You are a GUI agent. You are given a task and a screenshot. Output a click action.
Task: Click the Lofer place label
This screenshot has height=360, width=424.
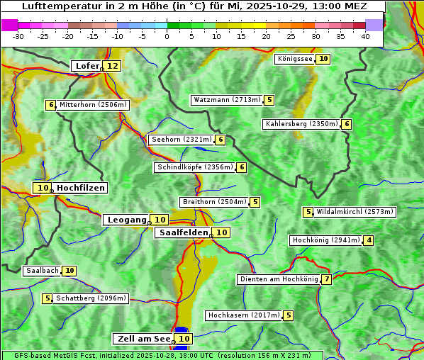(x=87, y=66)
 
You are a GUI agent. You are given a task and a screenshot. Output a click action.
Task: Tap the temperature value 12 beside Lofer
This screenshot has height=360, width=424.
(x=113, y=66)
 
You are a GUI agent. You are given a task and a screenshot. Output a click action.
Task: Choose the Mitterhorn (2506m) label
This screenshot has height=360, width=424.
(x=93, y=105)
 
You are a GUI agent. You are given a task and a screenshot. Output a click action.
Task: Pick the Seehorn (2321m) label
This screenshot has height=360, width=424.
(x=182, y=140)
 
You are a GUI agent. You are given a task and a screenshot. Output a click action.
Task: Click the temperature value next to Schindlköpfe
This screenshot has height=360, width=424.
(x=242, y=167)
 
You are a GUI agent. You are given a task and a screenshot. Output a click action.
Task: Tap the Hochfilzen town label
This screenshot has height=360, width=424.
(x=81, y=188)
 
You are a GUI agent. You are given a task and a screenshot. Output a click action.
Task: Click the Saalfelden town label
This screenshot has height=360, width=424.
(x=182, y=232)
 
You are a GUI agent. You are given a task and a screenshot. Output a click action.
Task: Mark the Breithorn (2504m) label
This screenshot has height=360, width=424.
(x=214, y=202)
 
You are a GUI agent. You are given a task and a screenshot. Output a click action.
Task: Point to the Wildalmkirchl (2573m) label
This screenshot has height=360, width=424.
(x=355, y=211)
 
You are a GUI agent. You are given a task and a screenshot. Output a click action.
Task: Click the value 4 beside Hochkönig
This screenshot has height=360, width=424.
(x=369, y=240)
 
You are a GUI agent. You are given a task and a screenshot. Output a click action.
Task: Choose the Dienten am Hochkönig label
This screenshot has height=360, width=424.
(x=278, y=279)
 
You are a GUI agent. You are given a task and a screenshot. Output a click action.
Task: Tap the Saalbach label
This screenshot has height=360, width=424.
(x=42, y=271)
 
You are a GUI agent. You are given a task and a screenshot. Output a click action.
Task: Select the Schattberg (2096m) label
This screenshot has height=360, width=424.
(x=91, y=298)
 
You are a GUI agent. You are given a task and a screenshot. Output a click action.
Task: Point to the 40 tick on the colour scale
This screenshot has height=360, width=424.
(x=365, y=37)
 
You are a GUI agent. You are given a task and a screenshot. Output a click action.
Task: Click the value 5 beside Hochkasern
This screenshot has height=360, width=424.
(x=289, y=315)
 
